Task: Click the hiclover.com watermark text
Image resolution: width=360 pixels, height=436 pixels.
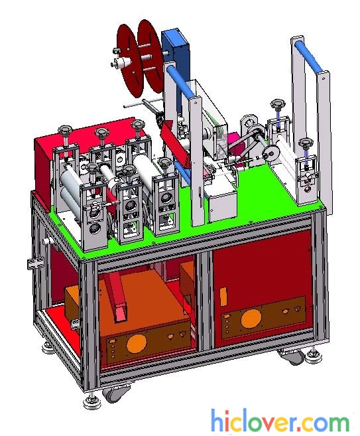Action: (280, 422)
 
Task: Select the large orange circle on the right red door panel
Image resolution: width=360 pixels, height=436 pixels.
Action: (251, 319)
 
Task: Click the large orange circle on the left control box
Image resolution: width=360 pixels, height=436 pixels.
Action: (137, 344)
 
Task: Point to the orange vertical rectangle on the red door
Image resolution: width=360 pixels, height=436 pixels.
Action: (223, 297)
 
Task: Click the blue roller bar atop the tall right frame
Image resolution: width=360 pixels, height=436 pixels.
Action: (309, 56)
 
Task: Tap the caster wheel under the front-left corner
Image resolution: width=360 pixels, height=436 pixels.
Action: (116, 393)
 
